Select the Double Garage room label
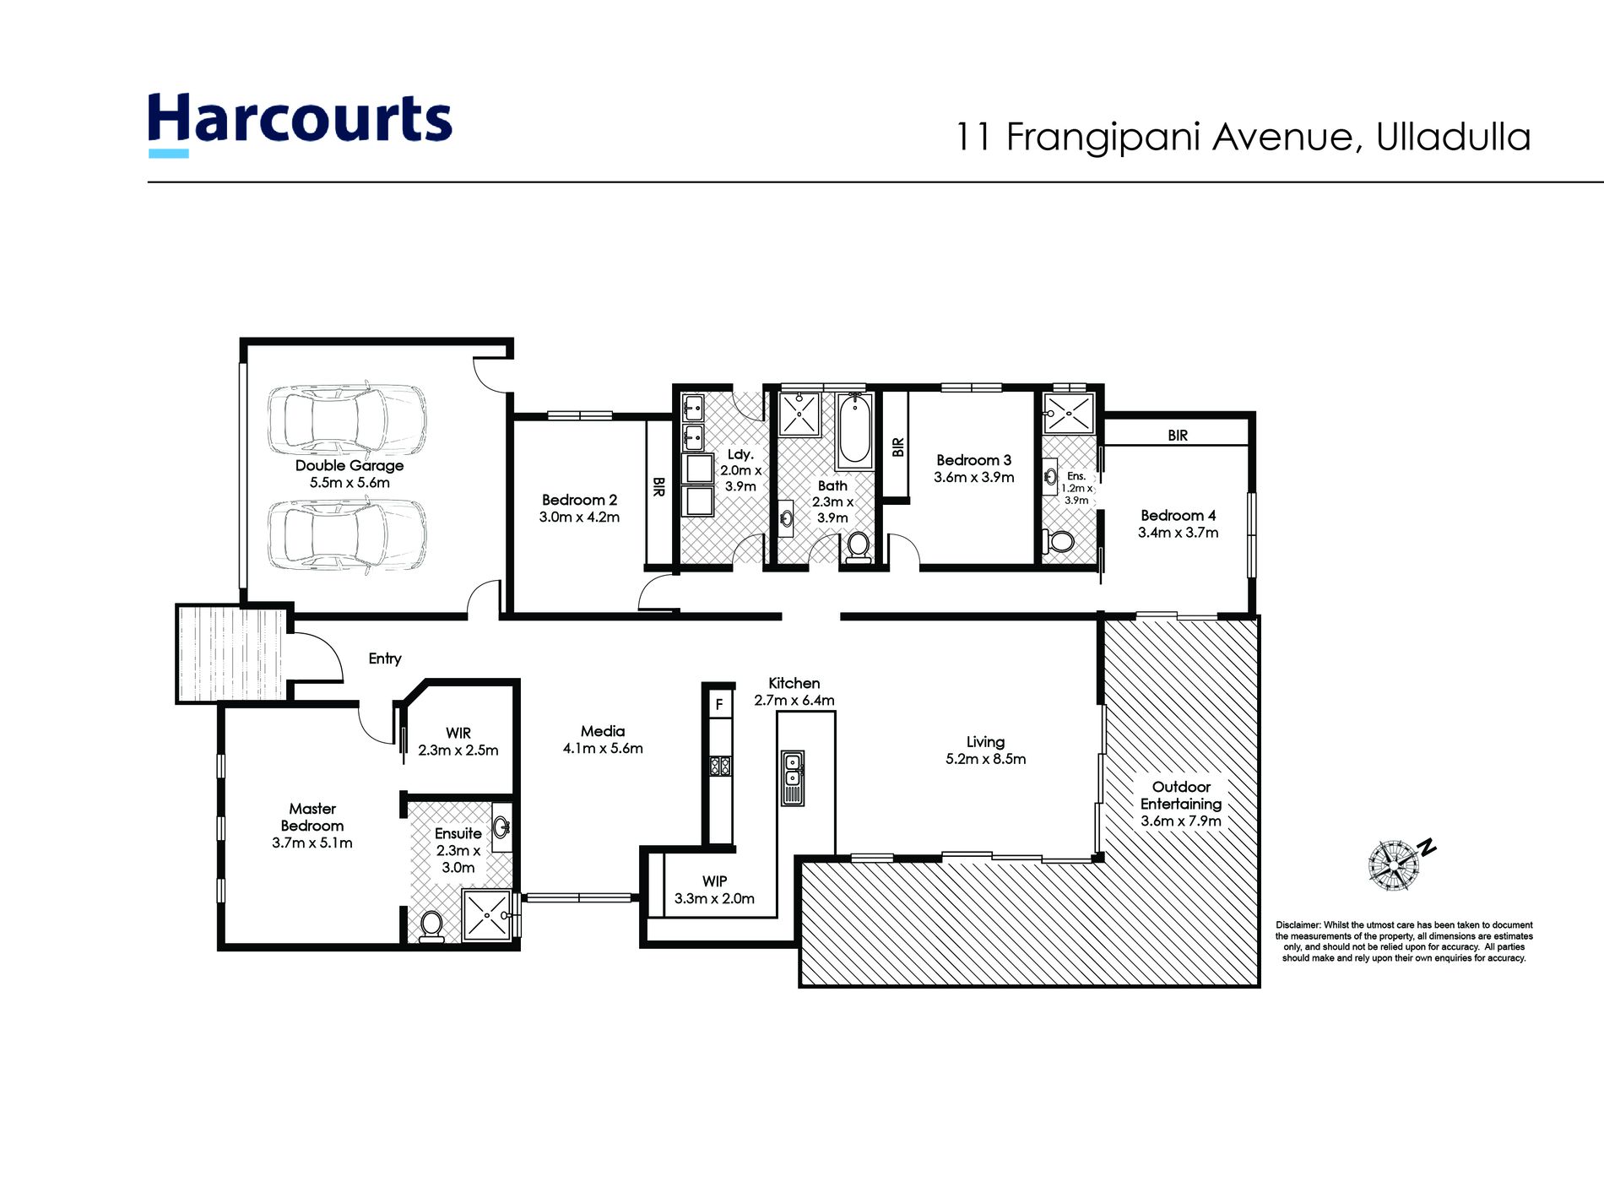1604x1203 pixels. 350,465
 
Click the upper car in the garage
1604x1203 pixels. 347,419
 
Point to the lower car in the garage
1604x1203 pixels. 347,534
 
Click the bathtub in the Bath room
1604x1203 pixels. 854,431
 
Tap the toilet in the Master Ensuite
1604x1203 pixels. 431,925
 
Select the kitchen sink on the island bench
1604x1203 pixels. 793,778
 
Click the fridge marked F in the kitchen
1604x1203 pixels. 719,704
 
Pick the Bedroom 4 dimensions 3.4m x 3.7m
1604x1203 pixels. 1178,533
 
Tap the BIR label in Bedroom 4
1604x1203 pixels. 1178,436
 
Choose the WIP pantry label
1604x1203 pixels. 714,881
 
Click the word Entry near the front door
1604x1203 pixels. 385,658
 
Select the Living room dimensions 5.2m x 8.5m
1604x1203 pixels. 986,759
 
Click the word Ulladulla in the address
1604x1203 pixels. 1453,138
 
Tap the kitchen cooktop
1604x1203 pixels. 720,766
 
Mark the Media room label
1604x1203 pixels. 603,731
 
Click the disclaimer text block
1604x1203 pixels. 1404,941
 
